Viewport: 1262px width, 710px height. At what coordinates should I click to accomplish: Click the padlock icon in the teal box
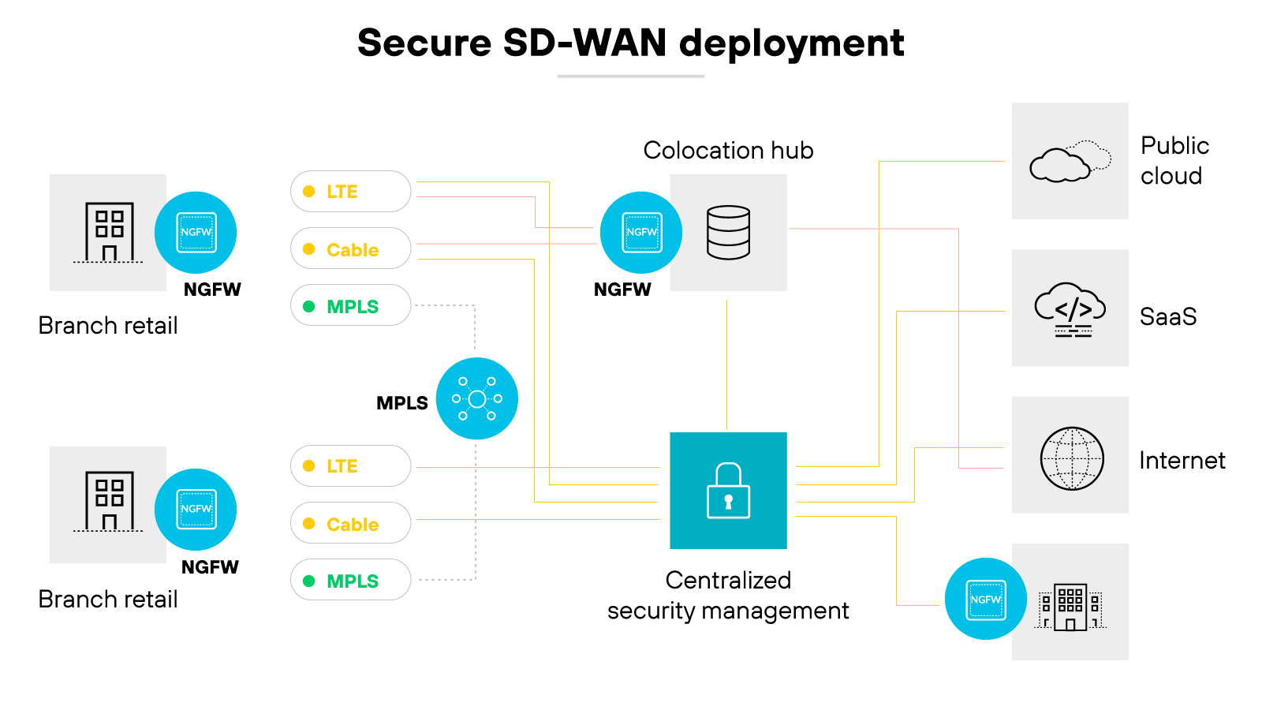click(x=728, y=491)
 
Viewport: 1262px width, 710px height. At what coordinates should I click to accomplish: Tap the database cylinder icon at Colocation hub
click(x=728, y=233)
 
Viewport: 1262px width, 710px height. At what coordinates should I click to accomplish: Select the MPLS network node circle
click(x=476, y=398)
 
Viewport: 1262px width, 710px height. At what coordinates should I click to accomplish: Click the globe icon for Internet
click(x=1071, y=458)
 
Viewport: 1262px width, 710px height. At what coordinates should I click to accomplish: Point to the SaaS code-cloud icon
click(x=1070, y=309)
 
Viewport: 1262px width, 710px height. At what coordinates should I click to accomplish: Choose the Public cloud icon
click(x=1070, y=161)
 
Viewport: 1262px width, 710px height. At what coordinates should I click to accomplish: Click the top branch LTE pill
click(x=350, y=192)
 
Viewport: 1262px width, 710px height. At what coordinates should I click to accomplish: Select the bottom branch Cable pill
click(x=350, y=523)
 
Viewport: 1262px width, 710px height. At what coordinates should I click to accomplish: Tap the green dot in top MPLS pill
click(x=309, y=306)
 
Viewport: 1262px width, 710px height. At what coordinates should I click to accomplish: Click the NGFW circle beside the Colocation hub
click(x=641, y=233)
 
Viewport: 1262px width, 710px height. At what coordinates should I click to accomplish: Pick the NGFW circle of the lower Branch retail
click(x=196, y=510)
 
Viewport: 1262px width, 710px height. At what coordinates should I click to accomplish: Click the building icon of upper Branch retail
click(x=109, y=232)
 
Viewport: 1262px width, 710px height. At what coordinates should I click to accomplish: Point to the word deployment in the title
click(x=791, y=43)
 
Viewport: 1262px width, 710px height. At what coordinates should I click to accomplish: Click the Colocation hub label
click(x=728, y=150)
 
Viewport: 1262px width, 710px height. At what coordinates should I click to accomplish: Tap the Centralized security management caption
click(x=728, y=596)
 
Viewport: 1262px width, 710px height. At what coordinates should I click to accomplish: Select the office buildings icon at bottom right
click(x=1070, y=606)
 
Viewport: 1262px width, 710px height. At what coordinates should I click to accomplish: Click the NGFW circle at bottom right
click(x=985, y=600)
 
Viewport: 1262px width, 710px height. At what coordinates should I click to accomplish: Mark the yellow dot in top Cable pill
click(x=309, y=249)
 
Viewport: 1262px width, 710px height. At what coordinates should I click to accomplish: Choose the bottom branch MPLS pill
click(x=350, y=580)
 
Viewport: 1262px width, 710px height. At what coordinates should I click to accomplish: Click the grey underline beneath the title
click(x=630, y=77)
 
